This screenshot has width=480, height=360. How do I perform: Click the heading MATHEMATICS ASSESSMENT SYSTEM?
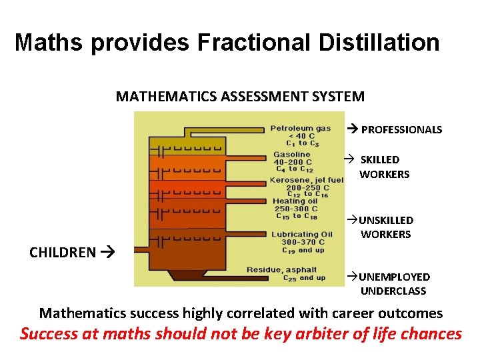coord(240,96)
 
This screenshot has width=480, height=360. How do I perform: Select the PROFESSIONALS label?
coord(401,130)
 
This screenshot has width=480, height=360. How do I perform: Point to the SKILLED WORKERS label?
coord(383,167)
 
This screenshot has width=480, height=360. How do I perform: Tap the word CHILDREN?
coord(63,252)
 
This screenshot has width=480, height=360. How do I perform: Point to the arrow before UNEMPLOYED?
coord(351,276)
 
